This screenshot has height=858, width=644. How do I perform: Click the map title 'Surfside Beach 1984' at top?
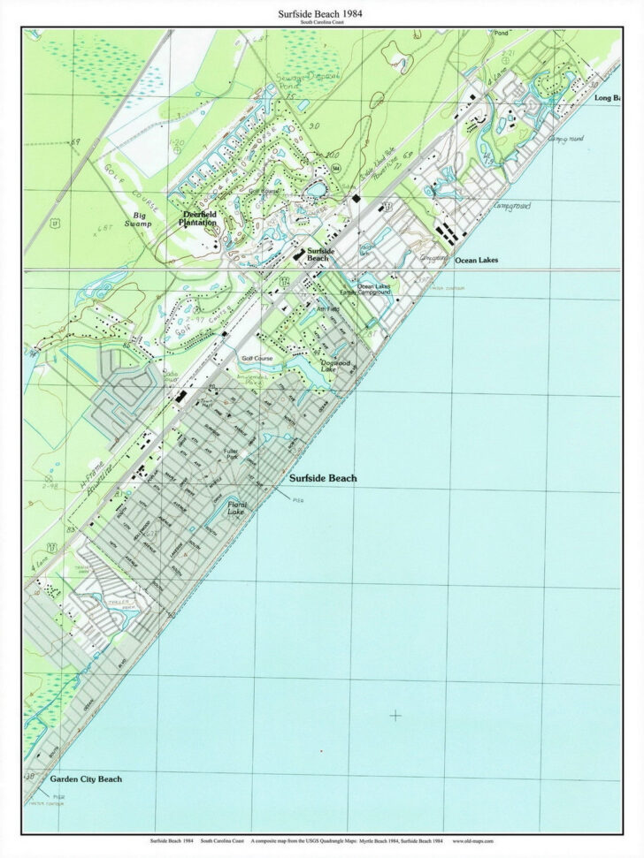322,13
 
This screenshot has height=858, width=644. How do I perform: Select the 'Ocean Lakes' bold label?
476,261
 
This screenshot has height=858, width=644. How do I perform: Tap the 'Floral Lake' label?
236,508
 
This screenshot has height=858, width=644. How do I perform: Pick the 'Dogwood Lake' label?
333,366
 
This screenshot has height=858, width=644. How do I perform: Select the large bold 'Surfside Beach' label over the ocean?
323,478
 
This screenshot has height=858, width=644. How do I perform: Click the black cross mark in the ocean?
395,715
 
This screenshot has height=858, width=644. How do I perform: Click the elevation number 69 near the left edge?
76,141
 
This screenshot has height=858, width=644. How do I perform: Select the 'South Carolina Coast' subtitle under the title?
322,22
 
